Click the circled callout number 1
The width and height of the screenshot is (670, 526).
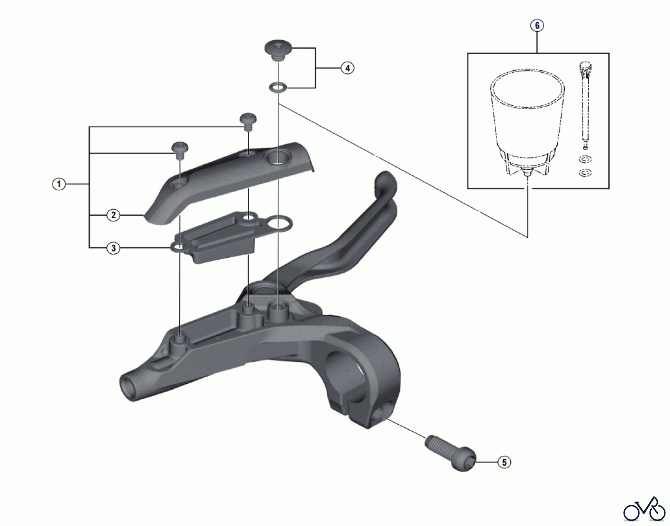(x=59, y=184)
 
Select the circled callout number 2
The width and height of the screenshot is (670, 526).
(x=114, y=215)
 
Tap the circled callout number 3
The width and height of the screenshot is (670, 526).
(x=114, y=248)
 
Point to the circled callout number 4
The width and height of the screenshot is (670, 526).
(x=347, y=68)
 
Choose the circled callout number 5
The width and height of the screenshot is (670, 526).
(x=504, y=462)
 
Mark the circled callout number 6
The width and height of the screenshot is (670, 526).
(x=537, y=25)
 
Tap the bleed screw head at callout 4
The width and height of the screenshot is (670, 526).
(x=278, y=49)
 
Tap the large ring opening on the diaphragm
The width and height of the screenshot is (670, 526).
(x=280, y=224)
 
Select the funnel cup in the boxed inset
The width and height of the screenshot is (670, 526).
(x=527, y=115)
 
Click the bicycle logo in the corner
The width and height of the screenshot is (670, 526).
(x=644, y=509)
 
